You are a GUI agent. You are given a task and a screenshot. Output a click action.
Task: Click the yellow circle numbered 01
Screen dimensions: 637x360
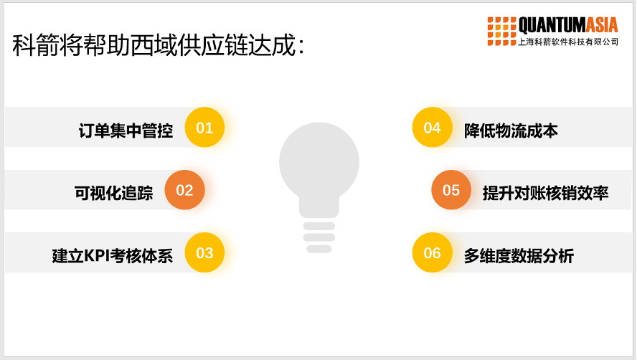(204, 127)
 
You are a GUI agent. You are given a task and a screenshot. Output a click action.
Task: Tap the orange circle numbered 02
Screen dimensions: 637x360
(184, 190)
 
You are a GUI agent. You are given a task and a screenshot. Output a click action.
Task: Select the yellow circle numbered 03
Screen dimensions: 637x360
(204, 252)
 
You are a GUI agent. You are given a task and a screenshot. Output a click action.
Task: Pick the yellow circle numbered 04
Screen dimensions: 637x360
(433, 127)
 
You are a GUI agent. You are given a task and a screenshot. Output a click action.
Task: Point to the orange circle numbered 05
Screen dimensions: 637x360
(451, 190)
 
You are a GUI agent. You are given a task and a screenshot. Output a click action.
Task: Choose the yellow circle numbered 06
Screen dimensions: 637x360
(433, 252)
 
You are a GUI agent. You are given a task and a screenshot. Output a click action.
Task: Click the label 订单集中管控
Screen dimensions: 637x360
(126, 131)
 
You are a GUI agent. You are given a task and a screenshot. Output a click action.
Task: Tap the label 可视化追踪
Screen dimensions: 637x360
(114, 193)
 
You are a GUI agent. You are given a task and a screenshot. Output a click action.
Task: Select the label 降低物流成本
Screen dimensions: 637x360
(511, 131)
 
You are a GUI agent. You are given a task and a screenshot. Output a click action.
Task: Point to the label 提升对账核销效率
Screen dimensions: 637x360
(546, 193)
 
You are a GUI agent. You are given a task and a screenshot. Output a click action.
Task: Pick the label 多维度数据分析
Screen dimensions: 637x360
(519, 255)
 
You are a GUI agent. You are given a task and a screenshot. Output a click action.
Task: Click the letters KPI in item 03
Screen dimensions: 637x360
(97, 256)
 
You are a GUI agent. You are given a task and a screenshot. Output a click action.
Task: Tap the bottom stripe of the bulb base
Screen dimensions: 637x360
(319, 249)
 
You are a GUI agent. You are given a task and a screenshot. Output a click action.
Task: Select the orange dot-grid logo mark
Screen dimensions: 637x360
(501, 32)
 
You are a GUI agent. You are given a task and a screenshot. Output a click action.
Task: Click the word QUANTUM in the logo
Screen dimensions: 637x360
(552, 25)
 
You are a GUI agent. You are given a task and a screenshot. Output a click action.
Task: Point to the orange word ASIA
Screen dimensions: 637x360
(601, 25)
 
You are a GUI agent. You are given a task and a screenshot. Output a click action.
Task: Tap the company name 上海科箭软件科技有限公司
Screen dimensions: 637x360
(568, 42)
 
